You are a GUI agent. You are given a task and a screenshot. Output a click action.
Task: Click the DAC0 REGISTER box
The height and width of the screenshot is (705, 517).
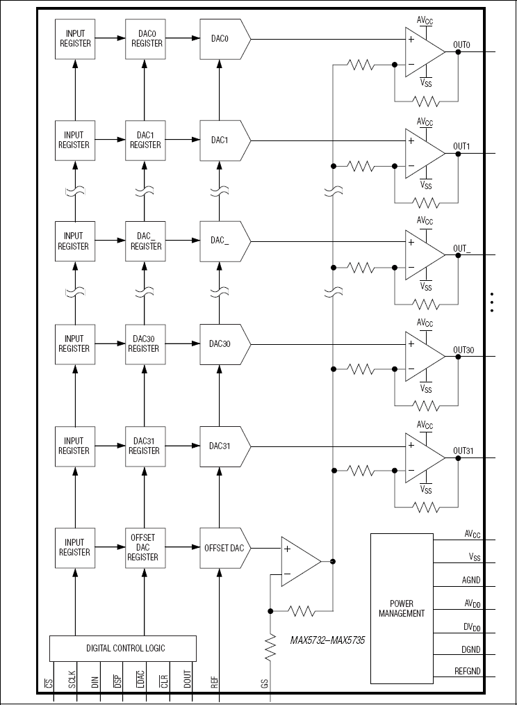[x=144, y=38]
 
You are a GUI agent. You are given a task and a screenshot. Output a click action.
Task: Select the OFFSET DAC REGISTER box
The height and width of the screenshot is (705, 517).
[x=144, y=547]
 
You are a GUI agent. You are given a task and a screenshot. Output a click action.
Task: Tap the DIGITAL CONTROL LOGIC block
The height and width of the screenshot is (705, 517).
[x=122, y=648]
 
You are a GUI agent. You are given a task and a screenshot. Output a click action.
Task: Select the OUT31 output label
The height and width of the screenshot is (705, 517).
[x=463, y=451]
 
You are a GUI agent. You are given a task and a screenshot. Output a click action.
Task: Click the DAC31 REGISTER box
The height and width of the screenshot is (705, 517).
[x=144, y=446]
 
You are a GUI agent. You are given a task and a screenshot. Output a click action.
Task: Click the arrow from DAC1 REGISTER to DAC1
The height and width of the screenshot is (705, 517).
[x=183, y=140]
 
